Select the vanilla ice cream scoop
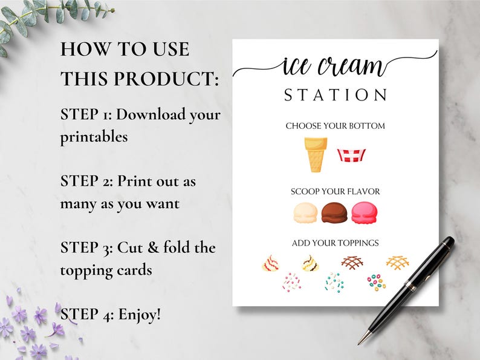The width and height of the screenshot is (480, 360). point(305,212)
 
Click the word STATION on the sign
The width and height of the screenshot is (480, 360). point(335,96)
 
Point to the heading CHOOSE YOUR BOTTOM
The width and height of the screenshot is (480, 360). point(335,126)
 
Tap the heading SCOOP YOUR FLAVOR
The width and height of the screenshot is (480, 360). point(335,192)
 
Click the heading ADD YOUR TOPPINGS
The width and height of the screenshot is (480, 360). point(335,243)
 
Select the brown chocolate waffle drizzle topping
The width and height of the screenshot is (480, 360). point(351,262)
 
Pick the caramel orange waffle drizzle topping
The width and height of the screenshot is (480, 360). point(397,262)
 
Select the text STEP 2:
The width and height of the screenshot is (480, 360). point(85,181)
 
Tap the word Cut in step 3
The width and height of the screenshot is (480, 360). point(129,247)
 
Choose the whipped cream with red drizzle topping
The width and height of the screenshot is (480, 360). point(270,263)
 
